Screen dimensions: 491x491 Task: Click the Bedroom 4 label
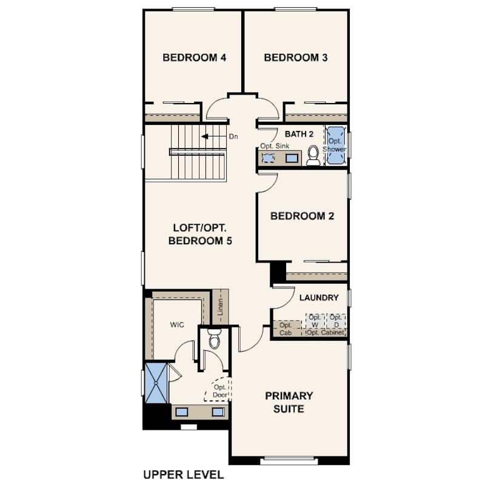(194, 58)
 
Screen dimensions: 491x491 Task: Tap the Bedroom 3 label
(296, 58)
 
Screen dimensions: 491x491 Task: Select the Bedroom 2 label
(302, 216)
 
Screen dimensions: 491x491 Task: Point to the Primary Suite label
(289, 402)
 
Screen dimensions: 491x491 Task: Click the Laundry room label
(319, 298)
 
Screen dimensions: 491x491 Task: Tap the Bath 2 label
(299, 134)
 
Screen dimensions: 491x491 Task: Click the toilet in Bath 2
(313, 156)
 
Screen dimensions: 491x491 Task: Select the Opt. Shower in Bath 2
(335, 145)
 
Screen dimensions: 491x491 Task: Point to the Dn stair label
(233, 136)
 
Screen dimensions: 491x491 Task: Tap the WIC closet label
(177, 325)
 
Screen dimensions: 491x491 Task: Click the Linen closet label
(221, 307)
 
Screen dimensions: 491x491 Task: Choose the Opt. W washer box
(315, 321)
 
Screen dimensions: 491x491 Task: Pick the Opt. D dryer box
(336, 321)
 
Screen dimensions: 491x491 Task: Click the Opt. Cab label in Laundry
(286, 329)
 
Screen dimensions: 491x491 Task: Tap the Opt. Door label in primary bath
(220, 391)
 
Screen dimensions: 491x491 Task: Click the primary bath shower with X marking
(156, 383)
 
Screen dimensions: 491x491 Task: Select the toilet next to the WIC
(215, 339)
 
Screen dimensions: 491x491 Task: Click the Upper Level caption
(184, 475)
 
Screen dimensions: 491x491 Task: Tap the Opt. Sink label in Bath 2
(275, 146)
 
